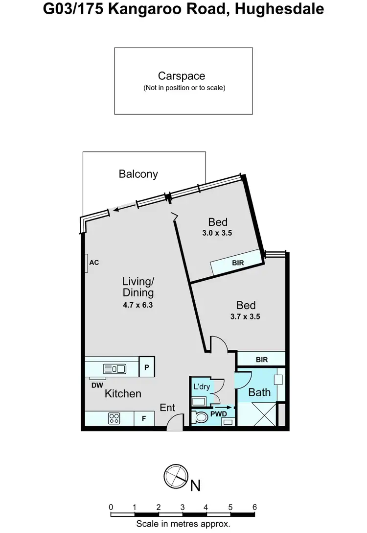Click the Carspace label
tap(181, 76)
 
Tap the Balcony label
tap(138, 174)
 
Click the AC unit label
tap(94, 263)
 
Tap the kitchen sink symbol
tap(114, 368)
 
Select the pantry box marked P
tap(147, 366)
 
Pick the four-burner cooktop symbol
tap(114, 418)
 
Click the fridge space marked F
tap(144, 419)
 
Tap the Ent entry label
tap(167, 408)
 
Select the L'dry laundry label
tap(201, 387)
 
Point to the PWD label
tap(219, 414)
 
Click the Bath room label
tap(259, 392)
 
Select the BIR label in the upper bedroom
tap(238, 263)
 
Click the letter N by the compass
tap(195, 485)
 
